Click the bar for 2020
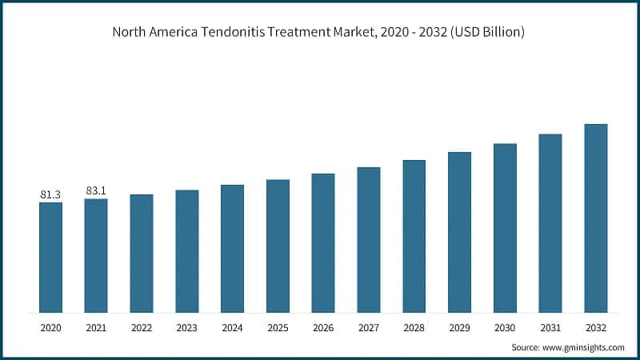[50, 257]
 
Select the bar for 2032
[596, 218]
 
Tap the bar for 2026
[323, 242]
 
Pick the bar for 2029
[459, 232]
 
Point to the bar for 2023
[187, 250]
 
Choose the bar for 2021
[96, 255]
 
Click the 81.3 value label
[50, 194]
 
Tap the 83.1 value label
[96, 191]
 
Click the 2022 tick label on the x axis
[142, 327]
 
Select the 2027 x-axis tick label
[369, 327]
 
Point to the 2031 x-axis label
[550, 327]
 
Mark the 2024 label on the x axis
[232, 327]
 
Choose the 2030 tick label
[505, 327]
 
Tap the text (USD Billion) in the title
[485, 33]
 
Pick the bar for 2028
[414, 236]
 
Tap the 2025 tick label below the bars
[278, 327]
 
